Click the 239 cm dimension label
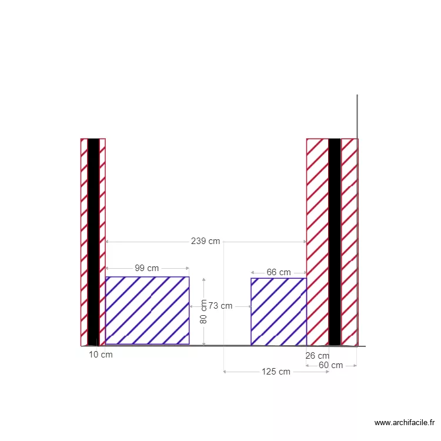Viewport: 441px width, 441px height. tap(206, 241)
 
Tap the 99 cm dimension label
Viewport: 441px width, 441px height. tap(147, 268)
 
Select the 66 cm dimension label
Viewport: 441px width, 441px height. tap(279, 272)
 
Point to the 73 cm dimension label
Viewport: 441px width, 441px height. tap(220, 306)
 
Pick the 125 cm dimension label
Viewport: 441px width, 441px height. tap(276, 372)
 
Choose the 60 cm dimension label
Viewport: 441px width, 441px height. tap(331, 365)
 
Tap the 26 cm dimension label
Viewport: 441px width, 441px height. tap(318, 356)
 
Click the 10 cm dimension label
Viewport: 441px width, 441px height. tap(101, 355)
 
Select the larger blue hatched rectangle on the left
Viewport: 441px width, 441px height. tap(148, 310)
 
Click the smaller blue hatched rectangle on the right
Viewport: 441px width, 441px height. tap(278, 312)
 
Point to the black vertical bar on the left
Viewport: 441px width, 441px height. tap(93, 241)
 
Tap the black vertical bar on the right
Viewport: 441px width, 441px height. tap(335, 241)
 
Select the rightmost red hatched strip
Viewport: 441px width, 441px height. tap(349, 241)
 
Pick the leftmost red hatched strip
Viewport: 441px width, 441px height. tap(84, 241)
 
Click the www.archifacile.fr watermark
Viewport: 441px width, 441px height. tap(405, 422)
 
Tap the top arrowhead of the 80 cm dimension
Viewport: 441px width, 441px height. tap(203, 280)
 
